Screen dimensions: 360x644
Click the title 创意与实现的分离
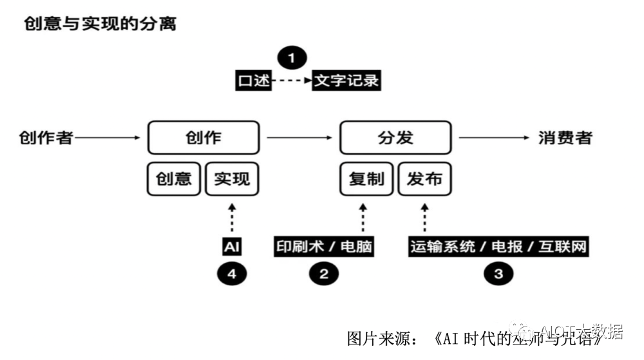pyautogui.click(x=100, y=24)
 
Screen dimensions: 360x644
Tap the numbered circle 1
pyautogui.click(x=292, y=59)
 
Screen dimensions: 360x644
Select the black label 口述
pyautogui.click(x=252, y=81)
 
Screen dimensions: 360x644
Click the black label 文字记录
pyautogui.click(x=346, y=81)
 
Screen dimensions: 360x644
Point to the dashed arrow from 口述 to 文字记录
pyautogui.click(x=292, y=81)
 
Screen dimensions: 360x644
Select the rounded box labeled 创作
pyautogui.click(x=204, y=137)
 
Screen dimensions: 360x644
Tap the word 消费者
pyautogui.click(x=565, y=137)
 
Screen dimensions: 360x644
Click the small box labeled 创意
pyautogui.click(x=174, y=178)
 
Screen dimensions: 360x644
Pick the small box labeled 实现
pyautogui.click(x=232, y=178)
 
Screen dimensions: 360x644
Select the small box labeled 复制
pyautogui.click(x=366, y=178)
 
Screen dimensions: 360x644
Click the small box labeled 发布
pyautogui.click(x=424, y=178)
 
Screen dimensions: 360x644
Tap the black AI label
pyautogui.click(x=232, y=247)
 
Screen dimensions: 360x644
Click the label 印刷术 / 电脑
pyautogui.click(x=324, y=247)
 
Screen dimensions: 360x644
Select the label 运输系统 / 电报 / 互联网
pyautogui.click(x=498, y=247)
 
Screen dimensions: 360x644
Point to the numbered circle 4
pyautogui.click(x=232, y=274)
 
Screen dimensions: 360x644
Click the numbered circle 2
pyautogui.click(x=324, y=274)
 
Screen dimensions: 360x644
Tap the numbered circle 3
pyautogui.click(x=498, y=274)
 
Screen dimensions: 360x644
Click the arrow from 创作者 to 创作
pyautogui.click(x=108, y=137)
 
